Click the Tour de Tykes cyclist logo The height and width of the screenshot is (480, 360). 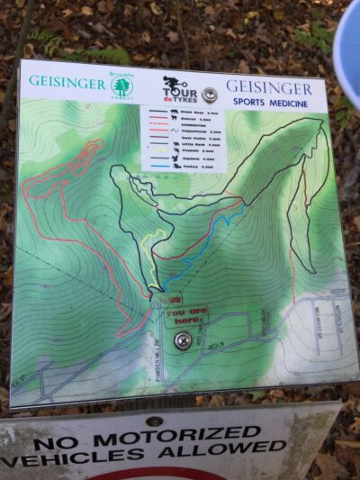pyautogui.click(x=178, y=89)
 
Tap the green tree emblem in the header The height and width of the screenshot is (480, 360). pyautogui.click(x=121, y=86)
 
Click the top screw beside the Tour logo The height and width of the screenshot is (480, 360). pyautogui.click(x=210, y=94)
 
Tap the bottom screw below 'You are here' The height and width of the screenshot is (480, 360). pyautogui.click(x=184, y=340)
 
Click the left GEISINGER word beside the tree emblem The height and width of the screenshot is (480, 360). pyautogui.click(x=66, y=81)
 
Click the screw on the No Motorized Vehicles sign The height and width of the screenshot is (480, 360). pyautogui.click(x=154, y=421)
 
